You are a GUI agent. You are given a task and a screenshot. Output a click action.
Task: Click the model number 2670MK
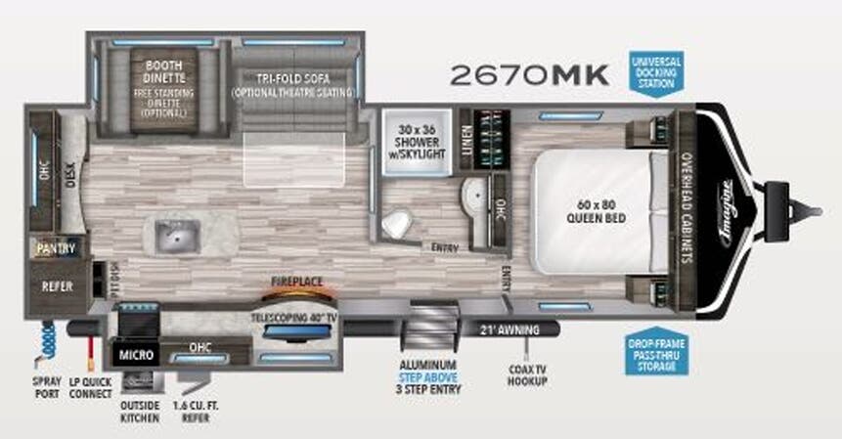pyautogui.click(x=529, y=73)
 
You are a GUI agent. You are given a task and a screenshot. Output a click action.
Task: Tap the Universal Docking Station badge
pyautogui.click(x=655, y=72)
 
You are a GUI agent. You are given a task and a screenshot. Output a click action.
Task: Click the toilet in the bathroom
pyautogui.click(x=396, y=223)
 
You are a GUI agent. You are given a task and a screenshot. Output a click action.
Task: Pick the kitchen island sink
pyautogui.click(x=177, y=234)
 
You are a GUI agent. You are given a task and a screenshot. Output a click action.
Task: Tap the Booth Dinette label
pyautogui.click(x=163, y=62)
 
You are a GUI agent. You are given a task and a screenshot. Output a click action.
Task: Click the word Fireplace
pyautogui.click(x=297, y=281)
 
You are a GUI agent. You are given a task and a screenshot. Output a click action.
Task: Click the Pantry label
pyautogui.click(x=56, y=249)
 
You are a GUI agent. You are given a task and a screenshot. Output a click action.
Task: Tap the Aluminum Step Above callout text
pyautogui.click(x=426, y=371)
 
